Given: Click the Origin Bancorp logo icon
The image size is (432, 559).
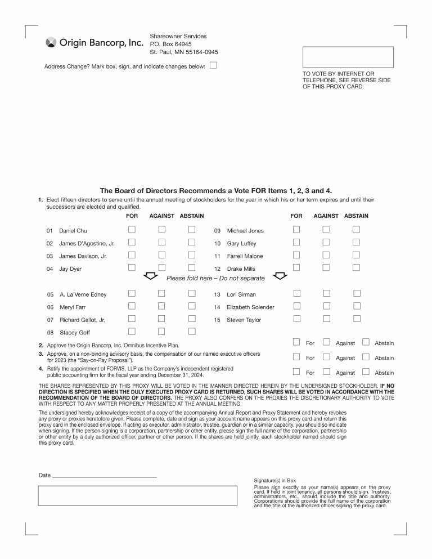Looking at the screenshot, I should click(x=51, y=43).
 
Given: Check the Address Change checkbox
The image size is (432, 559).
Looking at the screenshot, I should click(x=213, y=65).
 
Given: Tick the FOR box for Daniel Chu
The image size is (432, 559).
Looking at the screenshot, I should click(x=132, y=230).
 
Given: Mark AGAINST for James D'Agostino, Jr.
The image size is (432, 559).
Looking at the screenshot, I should click(x=161, y=242).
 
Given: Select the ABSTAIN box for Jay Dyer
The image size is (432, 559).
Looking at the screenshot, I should click(x=192, y=267).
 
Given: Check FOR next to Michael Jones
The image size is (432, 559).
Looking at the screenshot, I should click(x=296, y=230).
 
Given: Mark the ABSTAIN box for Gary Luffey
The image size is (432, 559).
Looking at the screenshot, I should click(x=356, y=242).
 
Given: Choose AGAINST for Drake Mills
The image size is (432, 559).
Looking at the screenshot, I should click(x=326, y=267).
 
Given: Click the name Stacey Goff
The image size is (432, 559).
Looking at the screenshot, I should click(x=75, y=333).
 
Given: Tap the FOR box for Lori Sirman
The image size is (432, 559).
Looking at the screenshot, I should click(x=296, y=293).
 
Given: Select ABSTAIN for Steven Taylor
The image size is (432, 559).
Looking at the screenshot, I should click(x=356, y=319).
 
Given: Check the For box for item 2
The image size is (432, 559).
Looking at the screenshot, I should click(x=296, y=342).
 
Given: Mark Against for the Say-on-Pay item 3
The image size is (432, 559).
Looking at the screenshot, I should click(x=326, y=356).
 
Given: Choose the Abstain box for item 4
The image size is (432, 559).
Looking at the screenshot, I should click(x=366, y=371).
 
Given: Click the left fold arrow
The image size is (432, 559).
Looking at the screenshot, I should click(x=150, y=276).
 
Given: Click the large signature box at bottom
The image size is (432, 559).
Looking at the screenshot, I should click(x=137, y=496).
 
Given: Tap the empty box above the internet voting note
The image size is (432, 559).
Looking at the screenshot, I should click(x=348, y=57).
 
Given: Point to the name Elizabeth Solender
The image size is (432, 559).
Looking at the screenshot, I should click(x=250, y=307).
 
